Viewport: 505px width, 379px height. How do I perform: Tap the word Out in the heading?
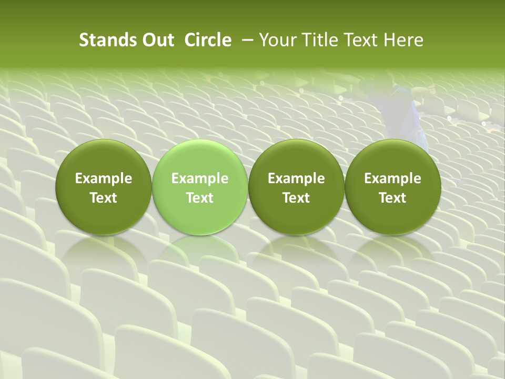[158, 40]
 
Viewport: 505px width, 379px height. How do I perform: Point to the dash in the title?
[246, 40]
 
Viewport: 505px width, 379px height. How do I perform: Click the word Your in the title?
[276, 40]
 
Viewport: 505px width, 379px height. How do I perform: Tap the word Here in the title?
[403, 40]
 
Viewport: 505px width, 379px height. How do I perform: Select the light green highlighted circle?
[200, 187]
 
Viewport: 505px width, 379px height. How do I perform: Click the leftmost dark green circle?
[103, 187]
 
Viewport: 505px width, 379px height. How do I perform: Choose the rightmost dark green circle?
[392, 187]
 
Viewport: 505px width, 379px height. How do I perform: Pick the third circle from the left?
[296, 187]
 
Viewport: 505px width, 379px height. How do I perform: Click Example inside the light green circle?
[200, 178]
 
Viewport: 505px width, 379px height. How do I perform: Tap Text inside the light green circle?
[200, 198]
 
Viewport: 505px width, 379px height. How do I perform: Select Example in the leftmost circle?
[103, 178]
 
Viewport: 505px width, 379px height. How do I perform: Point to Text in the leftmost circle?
[103, 198]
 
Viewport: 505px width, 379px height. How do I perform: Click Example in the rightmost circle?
[392, 178]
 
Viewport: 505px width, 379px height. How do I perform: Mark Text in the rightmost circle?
[392, 198]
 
